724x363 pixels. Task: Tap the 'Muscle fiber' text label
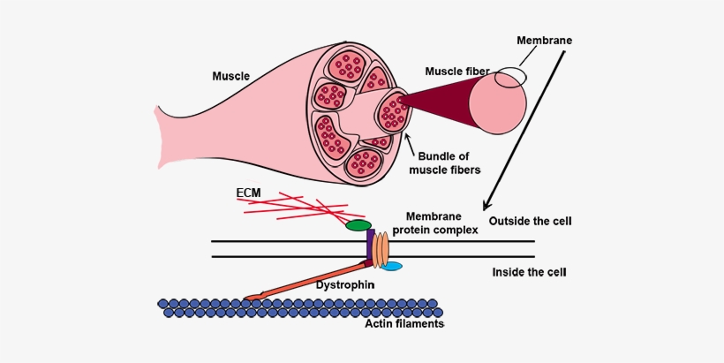click(x=456, y=71)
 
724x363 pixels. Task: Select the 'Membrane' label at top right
click(x=545, y=41)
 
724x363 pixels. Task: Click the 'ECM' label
click(x=248, y=192)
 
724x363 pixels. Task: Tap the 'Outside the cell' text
click(x=530, y=220)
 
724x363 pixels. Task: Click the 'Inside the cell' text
click(x=528, y=272)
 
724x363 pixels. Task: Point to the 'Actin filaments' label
click(x=403, y=324)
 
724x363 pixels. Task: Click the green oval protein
click(x=358, y=226)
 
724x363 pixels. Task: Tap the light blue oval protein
click(x=390, y=266)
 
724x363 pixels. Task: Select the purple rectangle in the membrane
click(x=371, y=246)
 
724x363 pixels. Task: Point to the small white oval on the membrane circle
click(x=510, y=78)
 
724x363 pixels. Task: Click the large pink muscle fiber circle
click(x=497, y=104)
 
